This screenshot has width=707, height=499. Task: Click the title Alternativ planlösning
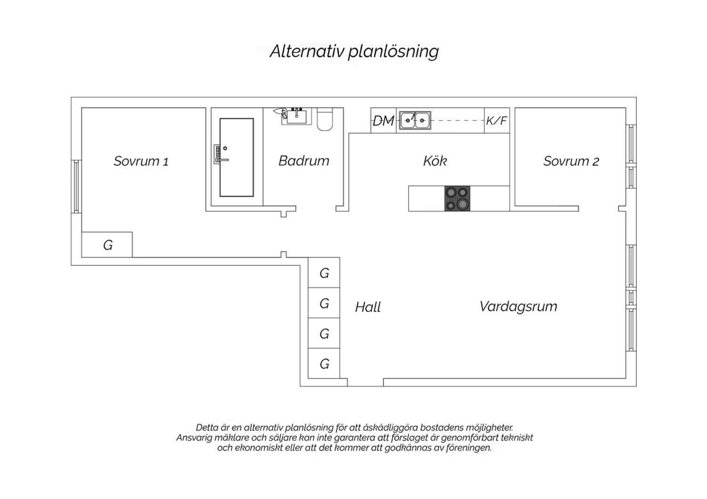pos(354,51)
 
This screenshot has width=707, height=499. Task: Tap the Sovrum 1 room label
pos(141,161)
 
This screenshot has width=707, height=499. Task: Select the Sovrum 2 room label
pos(571,161)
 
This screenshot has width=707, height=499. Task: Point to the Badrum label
pos(304,161)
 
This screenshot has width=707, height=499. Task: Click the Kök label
pos(435,161)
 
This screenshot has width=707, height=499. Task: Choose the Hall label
pos(368,307)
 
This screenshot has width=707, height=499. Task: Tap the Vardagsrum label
pos(518,306)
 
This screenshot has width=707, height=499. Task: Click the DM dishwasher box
pos(383,121)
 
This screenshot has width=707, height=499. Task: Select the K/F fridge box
pos(497,121)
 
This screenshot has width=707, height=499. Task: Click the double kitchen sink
pos(415,120)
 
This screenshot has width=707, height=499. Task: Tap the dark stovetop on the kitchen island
pos(457,199)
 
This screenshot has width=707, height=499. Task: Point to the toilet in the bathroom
pos(325,119)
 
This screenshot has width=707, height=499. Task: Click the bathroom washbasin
pos(296,116)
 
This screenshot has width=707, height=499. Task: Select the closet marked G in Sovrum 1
pos(107,245)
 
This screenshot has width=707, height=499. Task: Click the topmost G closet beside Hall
pos(324,273)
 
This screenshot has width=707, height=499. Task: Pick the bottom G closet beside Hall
pos(324,363)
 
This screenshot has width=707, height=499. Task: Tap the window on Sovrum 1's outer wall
pos(76,186)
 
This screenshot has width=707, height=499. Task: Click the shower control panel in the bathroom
pos(217,154)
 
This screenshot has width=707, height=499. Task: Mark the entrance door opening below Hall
pos(365,382)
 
